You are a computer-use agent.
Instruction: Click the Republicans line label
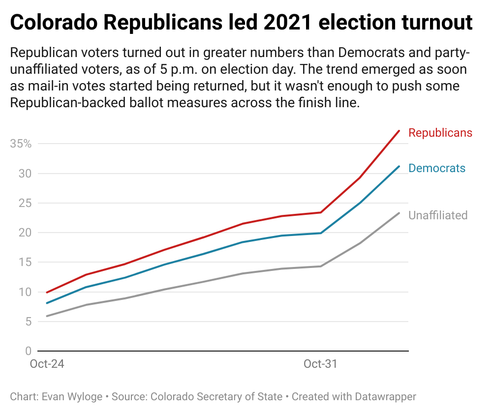[440, 133]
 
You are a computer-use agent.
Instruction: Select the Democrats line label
[436, 168]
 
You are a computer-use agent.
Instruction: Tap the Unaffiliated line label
[437, 215]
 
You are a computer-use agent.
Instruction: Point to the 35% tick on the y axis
[21, 144]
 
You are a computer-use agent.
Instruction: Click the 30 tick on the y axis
[25, 174]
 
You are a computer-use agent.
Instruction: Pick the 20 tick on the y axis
[25, 233]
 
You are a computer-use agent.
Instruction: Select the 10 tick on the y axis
[25, 292]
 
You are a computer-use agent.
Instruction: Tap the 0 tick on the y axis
[28, 351]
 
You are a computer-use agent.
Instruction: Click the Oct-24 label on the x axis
[47, 364]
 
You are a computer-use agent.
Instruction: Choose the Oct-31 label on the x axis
[320, 364]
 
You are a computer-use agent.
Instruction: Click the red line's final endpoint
[399, 131]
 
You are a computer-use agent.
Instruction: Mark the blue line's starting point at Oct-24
[47, 303]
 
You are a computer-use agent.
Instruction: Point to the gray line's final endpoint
[399, 213]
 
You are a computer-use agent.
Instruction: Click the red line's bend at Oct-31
[321, 212]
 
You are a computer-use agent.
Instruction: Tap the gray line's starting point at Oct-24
[47, 316]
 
